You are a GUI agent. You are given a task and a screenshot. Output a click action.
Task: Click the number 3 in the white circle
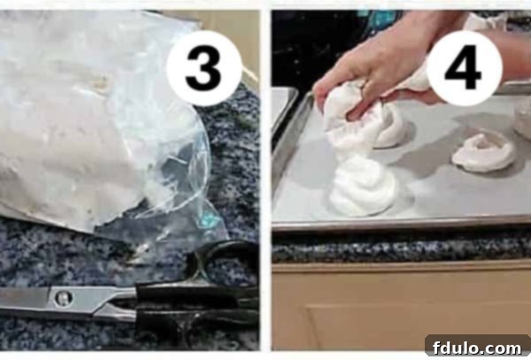(x=204, y=67)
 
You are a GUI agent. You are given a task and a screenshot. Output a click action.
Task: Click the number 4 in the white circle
(x=463, y=67)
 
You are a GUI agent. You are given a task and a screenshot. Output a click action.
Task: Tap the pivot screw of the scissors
(x=62, y=298)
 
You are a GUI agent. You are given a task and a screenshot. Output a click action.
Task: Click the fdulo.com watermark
(x=477, y=345)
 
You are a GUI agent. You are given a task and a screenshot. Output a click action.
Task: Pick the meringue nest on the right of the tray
(x=483, y=151)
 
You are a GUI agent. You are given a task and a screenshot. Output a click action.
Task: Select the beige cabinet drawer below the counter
(x=398, y=310)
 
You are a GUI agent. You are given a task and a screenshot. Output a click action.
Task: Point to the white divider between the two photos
(x=265, y=177)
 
